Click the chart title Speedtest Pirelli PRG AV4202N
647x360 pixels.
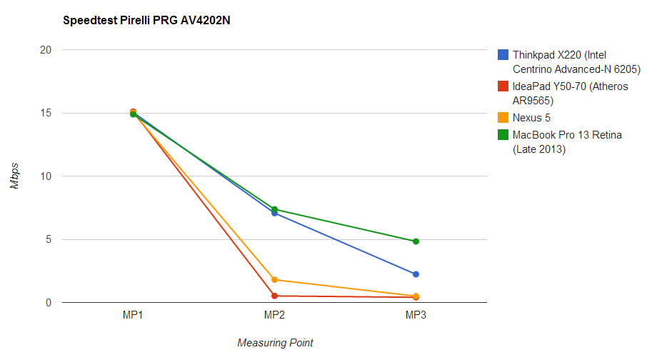(146, 21)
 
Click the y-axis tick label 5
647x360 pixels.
(49, 240)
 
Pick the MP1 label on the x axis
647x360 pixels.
(134, 315)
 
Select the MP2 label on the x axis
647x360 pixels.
(275, 315)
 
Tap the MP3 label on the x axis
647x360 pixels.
(416, 315)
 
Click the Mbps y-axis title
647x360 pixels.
(15, 176)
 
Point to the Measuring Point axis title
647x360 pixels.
(275, 343)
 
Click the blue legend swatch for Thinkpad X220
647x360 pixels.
(503, 55)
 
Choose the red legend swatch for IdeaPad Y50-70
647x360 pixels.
(503, 86)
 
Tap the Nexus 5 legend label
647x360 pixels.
(531, 118)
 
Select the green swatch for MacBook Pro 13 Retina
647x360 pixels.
(503, 135)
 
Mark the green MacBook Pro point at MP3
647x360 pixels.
(416, 241)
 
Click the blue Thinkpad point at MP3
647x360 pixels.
(416, 274)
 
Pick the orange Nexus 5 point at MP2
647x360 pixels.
(274, 280)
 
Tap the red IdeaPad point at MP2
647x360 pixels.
(274, 296)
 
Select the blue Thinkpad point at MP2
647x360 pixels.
(274, 214)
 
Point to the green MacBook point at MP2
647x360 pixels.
(274, 209)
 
